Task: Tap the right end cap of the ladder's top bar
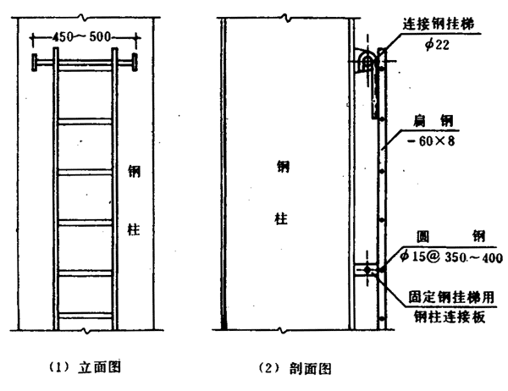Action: coord(134,63)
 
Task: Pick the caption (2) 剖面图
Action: coord(294,368)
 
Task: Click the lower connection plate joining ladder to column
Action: coord(367,272)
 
